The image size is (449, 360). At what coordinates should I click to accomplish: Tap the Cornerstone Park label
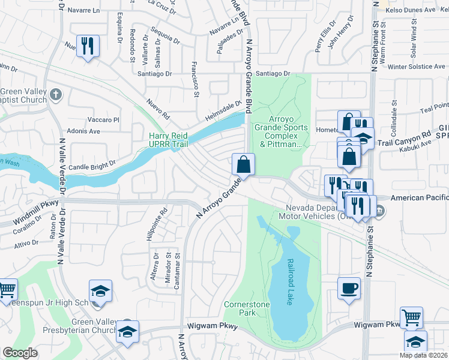[x=246, y=309]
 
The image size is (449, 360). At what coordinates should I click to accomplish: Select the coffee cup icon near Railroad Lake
[x=349, y=288]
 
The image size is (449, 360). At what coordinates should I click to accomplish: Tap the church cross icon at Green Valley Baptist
[x=56, y=94]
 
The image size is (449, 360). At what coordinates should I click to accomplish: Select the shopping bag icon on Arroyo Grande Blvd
[x=244, y=164]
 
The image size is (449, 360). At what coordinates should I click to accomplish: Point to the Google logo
[x=20, y=353]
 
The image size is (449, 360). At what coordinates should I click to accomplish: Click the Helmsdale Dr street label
[x=221, y=109]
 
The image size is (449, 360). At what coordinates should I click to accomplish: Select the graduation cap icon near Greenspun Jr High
[x=100, y=292]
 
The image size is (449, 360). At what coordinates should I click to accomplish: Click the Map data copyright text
[x=423, y=355]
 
